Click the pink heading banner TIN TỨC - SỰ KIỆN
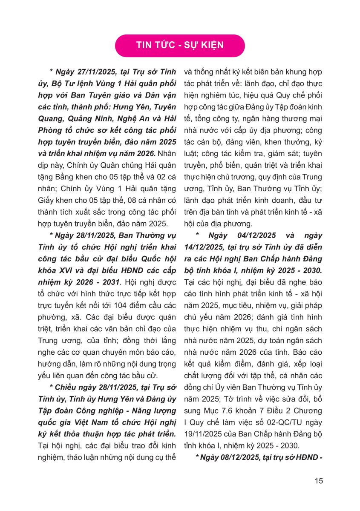click(180, 45)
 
